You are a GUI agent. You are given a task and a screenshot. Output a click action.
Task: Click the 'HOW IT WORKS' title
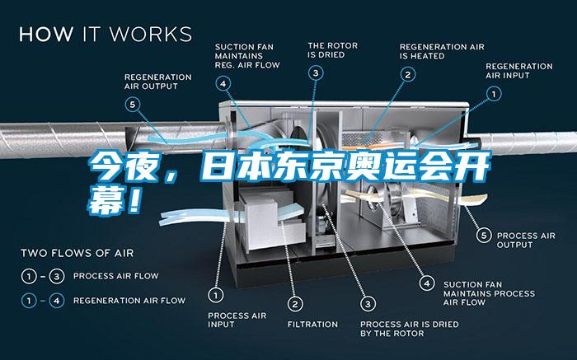pos(106,34)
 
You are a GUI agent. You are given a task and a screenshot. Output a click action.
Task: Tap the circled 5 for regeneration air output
pos(133,105)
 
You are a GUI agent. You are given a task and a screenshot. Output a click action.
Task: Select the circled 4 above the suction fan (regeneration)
pos(223,84)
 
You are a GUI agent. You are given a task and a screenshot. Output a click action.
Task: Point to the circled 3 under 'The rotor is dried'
pos(316,73)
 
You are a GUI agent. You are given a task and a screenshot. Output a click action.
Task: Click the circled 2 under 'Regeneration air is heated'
pos(408,75)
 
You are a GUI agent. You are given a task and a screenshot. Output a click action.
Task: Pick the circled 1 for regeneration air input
pos(494,94)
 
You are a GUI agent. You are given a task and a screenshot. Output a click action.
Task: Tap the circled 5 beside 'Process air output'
pos(484,236)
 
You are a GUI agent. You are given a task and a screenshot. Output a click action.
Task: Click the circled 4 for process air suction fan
pos(427,283)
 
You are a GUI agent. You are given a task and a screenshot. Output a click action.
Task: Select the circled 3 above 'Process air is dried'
pos(368,304)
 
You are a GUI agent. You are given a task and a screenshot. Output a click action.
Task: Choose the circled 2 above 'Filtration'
pos(295,304)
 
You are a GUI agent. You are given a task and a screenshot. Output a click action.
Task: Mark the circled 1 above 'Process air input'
pos(216,295)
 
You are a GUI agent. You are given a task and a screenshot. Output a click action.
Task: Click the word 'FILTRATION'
pos(312,325)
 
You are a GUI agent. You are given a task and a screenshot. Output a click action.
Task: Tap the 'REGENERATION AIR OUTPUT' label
pos(158,82)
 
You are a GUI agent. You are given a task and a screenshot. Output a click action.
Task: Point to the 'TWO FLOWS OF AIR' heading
pos(77,253)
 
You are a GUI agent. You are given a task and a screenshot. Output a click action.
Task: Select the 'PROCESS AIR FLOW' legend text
pos(116,276)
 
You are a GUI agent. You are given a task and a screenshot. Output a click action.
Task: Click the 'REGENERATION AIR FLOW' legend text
pos(129,301)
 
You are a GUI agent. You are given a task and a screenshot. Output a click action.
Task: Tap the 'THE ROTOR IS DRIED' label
pos(333,50)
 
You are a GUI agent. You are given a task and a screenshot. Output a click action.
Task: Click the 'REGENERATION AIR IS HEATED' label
pos(442,51)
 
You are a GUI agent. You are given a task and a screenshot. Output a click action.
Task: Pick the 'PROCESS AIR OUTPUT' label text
pos(526,240)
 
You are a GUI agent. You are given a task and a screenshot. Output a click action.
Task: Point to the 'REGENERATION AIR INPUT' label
pos(518,71)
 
